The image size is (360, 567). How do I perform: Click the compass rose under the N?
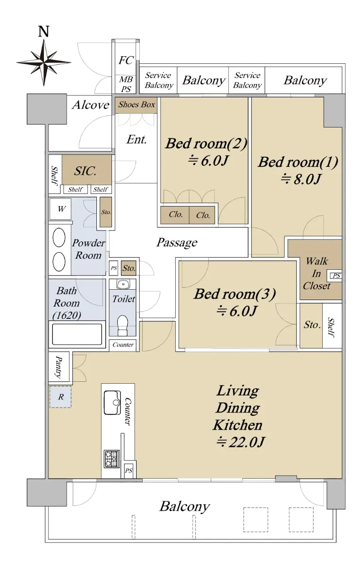tap(44, 62)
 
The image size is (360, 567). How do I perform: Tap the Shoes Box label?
tap(137, 104)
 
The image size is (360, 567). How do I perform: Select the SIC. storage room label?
tap(85, 171)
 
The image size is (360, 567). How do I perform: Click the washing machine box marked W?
tap(60, 209)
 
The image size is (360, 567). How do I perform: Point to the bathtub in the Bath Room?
tap(77, 335)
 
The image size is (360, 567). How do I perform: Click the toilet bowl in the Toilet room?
tap(123, 322)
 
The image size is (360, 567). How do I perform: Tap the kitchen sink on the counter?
tap(112, 403)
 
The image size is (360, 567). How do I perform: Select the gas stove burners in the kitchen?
tap(111, 459)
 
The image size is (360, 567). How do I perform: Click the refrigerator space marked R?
tap(60, 397)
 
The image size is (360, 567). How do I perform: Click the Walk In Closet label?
tap(317, 274)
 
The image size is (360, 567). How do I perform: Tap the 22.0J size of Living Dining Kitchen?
tap(240, 442)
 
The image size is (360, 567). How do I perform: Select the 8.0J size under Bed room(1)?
tap(301, 179)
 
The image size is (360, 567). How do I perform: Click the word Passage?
tap(177, 242)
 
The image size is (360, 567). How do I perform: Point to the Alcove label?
tap(91, 105)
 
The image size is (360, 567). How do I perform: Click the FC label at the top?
tap(126, 60)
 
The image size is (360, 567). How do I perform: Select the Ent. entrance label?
tap(137, 139)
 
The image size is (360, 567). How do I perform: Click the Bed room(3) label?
tap(235, 294)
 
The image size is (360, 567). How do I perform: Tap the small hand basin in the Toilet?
tap(123, 284)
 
